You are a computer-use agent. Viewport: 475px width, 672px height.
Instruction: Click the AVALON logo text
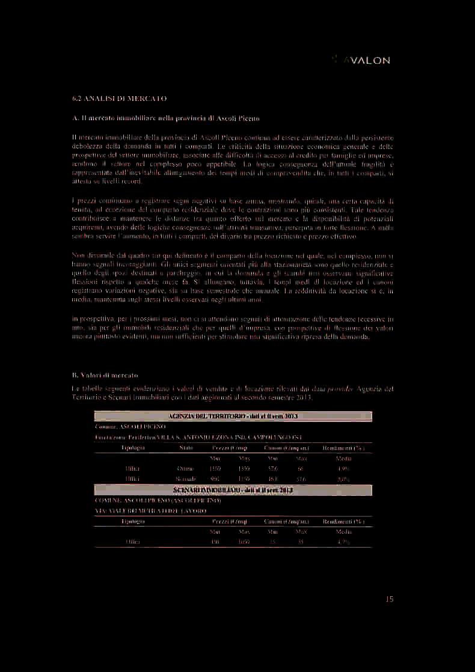tap(367, 60)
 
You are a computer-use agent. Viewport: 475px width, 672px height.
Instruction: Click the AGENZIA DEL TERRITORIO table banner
tap(233, 417)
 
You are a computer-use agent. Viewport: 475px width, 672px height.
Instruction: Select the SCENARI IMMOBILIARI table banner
tap(233, 490)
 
